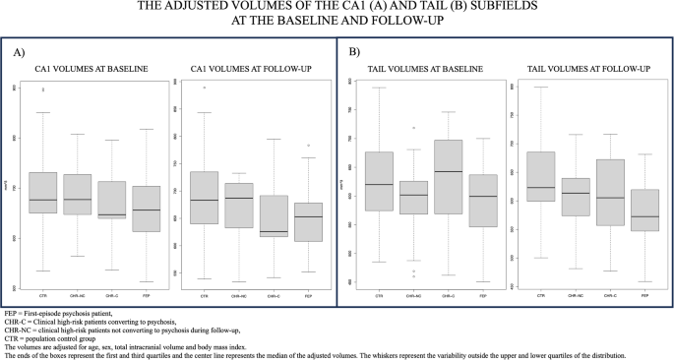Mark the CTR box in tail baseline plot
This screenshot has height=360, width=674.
[x=379, y=181]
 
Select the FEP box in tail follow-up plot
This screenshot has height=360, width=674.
[x=644, y=210]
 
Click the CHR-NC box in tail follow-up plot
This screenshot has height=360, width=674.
[x=576, y=197]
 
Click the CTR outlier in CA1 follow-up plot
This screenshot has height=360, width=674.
[x=205, y=88]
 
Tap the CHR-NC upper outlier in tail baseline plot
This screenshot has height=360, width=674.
[x=413, y=128]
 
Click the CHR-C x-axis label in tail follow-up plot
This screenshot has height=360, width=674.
[x=610, y=294]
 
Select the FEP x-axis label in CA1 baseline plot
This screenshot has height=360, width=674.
[x=146, y=294]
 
